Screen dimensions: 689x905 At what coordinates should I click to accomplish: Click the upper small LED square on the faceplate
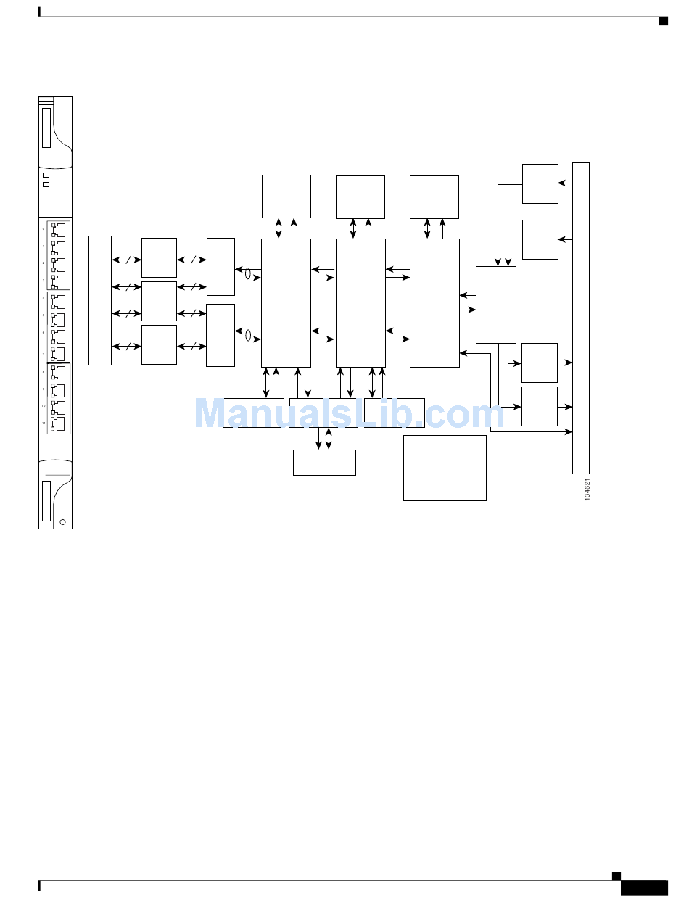point(46,175)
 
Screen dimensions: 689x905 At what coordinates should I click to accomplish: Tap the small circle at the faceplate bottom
point(63,521)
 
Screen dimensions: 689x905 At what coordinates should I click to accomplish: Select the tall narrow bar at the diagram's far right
point(580,318)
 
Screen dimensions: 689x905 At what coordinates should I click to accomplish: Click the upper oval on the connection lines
point(248,274)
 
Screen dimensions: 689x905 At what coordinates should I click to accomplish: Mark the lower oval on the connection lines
point(248,335)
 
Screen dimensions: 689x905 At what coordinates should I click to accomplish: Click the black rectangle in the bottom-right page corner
point(644,888)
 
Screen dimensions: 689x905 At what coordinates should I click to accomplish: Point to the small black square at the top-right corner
point(663,20)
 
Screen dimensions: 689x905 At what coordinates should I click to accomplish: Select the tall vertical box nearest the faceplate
point(100,299)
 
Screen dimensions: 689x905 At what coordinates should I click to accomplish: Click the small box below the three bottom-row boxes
point(324,463)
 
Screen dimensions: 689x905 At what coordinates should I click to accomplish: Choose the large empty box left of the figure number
point(445,468)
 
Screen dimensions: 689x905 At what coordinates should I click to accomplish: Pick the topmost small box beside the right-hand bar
point(540,183)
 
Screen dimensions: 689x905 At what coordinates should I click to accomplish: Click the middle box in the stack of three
point(159,301)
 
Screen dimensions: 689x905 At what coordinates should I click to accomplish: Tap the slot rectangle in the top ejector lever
point(46,128)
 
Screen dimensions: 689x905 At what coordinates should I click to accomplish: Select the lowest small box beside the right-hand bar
point(540,406)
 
